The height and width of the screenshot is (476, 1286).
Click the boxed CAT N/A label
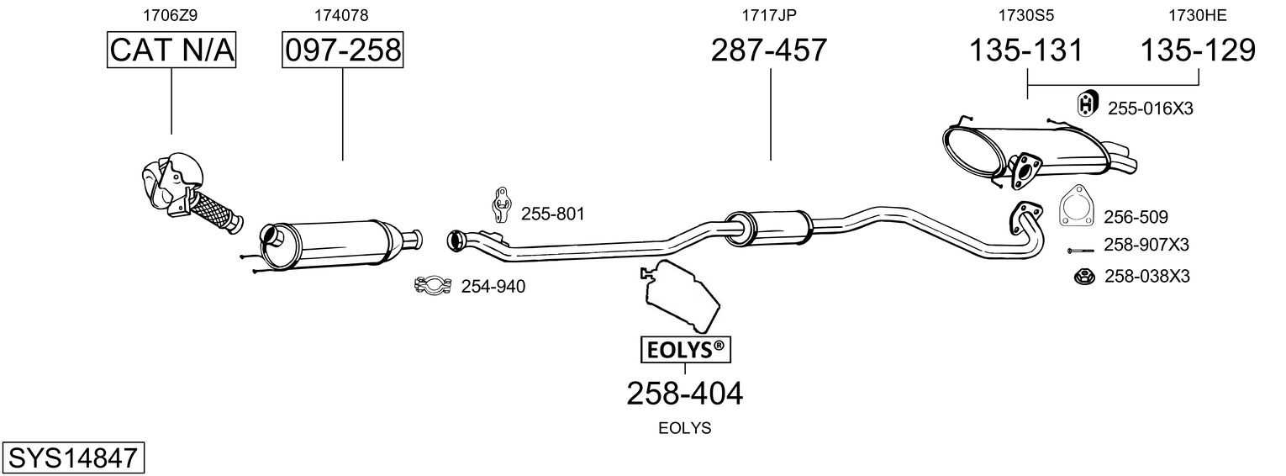[171, 50]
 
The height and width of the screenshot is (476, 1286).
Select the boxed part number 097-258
[342, 50]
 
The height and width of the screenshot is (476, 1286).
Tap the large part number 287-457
[769, 50]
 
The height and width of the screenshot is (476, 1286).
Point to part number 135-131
[1026, 50]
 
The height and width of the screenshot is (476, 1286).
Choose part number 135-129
[1198, 50]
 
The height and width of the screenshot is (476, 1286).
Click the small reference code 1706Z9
[171, 14]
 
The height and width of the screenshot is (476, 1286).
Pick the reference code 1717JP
[769, 14]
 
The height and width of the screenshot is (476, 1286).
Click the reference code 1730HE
[1199, 14]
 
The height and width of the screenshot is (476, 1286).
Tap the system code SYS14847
[72, 458]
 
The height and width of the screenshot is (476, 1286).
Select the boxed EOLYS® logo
[685, 349]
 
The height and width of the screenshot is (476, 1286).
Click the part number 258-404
[685, 393]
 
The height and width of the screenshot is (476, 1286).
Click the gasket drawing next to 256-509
[1074, 207]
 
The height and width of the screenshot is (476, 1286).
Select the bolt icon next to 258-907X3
[1080, 251]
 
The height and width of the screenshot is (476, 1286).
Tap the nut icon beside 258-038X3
[1084, 276]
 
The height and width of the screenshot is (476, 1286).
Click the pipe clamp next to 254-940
[434, 287]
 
